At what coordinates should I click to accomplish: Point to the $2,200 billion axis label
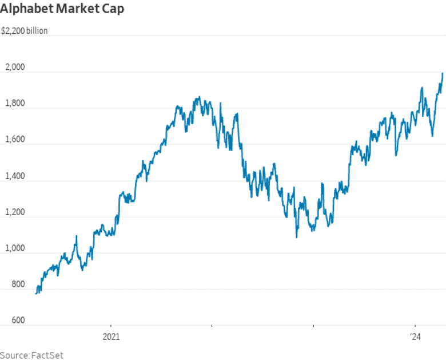(24, 31)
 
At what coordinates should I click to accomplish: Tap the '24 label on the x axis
(415, 337)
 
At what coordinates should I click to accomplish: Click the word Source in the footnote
(14, 355)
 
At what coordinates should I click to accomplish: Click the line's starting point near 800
(36, 293)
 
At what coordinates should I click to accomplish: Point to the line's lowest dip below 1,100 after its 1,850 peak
(296, 237)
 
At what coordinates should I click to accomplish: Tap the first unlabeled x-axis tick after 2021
(212, 327)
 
